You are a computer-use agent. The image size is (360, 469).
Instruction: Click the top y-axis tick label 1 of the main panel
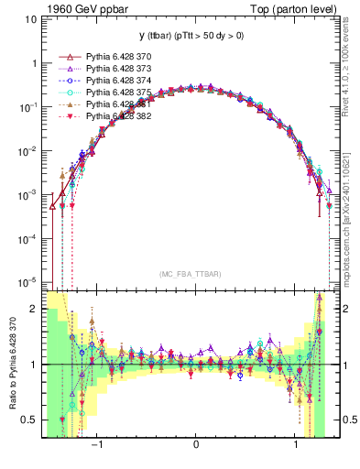[x=35, y=64]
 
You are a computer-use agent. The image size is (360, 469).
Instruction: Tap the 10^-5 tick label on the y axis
[x=29, y=281]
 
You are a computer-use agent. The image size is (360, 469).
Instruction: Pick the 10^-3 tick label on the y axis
[x=29, y=194]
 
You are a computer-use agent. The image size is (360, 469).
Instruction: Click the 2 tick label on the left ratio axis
[x=34, y=310]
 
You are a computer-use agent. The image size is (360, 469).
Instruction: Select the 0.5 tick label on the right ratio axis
[x=348, y=420]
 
